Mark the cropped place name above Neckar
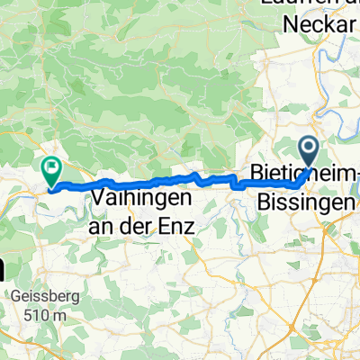click(x=311, y=4)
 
